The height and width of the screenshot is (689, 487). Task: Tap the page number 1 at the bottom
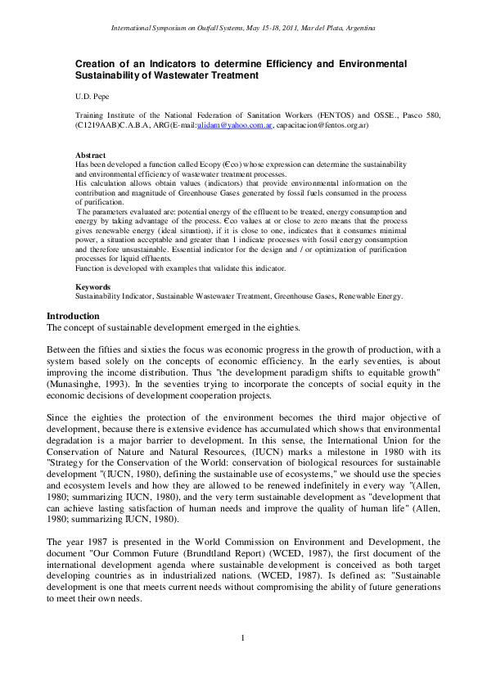coord(243,660)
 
